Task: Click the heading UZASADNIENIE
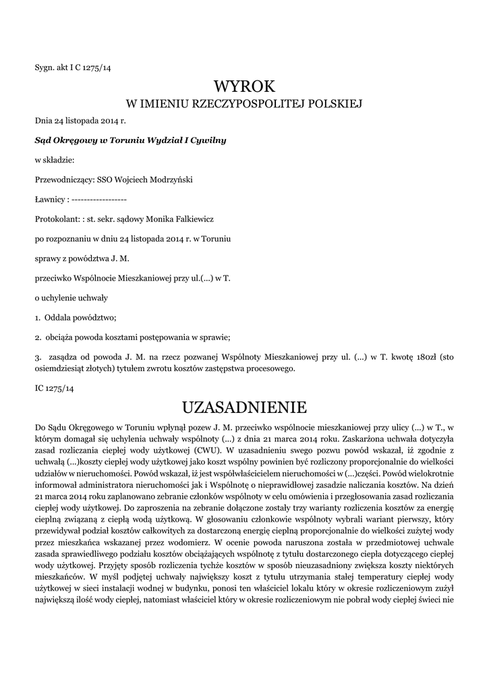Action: click(x=245, y=408)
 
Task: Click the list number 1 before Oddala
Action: click(x=37, y=318)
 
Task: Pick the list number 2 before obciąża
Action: click(x=37, y=338)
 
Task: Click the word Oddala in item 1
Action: click(x=57, y=318)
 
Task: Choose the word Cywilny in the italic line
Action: click(x=207, y=140)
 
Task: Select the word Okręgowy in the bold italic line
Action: click(x=76, y=140)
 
